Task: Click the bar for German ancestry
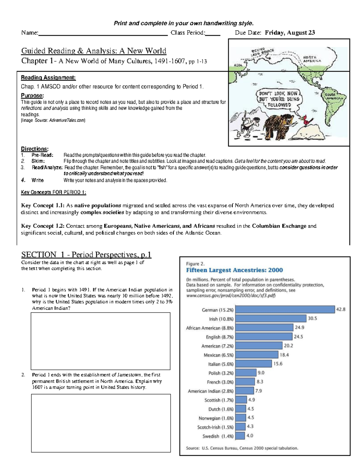pos(285,309)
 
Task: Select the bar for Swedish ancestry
pos(240,436)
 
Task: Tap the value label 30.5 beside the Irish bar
pos(312,318)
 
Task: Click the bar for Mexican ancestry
pos(257,355)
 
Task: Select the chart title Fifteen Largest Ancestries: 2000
pos(234,270)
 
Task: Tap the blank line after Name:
pos(103,33)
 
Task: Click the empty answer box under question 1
pos(100,341)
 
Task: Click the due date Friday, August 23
pos(290,33)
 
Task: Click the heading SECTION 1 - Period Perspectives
pos(86,255)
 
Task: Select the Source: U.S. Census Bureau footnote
pos(242,448)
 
